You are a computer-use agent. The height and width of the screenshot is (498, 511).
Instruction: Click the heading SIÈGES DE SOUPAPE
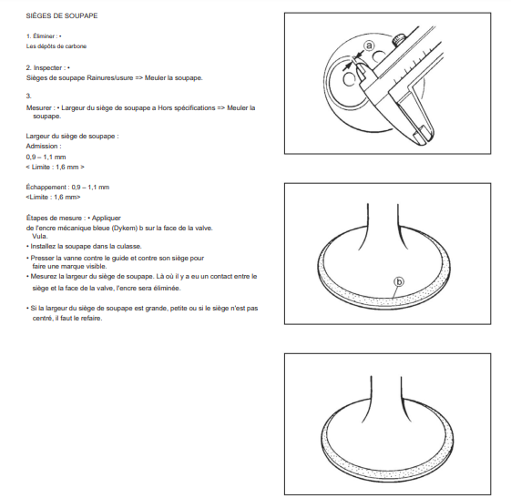click(62, 16)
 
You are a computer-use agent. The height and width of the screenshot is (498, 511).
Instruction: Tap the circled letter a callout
click(369, 46)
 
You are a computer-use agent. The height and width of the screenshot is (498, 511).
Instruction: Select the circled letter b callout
click(399, 281)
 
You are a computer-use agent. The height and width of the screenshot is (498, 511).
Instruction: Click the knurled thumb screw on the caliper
click(398, 40)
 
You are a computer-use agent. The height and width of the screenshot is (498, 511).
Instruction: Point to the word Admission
click(42, 147)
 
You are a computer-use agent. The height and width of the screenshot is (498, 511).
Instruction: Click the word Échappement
click(46, 188)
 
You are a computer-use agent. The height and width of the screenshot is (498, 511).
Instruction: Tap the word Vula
click(39, 237)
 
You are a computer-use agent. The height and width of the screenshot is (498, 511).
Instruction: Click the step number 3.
click(28, 97)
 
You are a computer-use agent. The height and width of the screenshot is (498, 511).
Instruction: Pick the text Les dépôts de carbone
click(56, 46)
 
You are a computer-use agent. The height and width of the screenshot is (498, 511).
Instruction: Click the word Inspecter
click(47, 68)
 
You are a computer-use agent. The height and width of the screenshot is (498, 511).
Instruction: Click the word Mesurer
click(39, 107)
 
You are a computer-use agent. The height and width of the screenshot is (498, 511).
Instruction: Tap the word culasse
click(128, 247)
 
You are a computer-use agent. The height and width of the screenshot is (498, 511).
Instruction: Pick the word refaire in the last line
click(91, 319)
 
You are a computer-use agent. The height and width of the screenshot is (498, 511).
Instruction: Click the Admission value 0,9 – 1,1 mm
click(46, 158)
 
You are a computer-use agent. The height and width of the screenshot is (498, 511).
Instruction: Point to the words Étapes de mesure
click(54, 219)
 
